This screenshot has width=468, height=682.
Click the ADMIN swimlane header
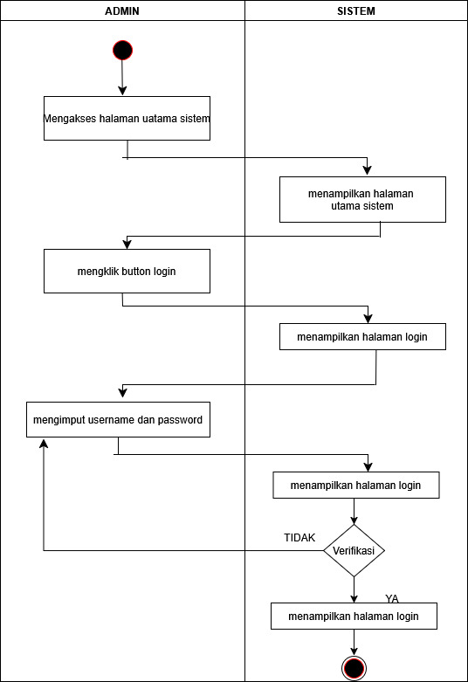click(x=122, y=10)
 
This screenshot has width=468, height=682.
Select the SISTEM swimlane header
click(x=356, y=10)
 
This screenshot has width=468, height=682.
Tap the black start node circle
click(x=122, y=50)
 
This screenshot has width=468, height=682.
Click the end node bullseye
click(x=354, y=668)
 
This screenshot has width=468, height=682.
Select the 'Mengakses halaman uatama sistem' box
click(x=127, y=118)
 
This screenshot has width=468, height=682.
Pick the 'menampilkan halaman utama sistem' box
click(x=362, y=200)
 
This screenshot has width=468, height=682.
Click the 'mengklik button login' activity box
click(x=127, y=271)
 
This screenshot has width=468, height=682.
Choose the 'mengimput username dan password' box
click(x=118, y=419)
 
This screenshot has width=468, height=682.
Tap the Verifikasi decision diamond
click(x=354, y=551)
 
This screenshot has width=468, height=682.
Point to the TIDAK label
click(x=299, y=538)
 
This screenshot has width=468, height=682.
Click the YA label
click(x=392, y=599)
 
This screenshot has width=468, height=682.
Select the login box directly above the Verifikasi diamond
click(x=356, y=485)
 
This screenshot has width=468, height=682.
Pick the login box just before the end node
click(x=354, y=616)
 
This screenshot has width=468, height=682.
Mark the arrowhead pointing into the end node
click(x=354, y=651)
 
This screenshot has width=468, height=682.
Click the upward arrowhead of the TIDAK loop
click(x=44, y=444)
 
